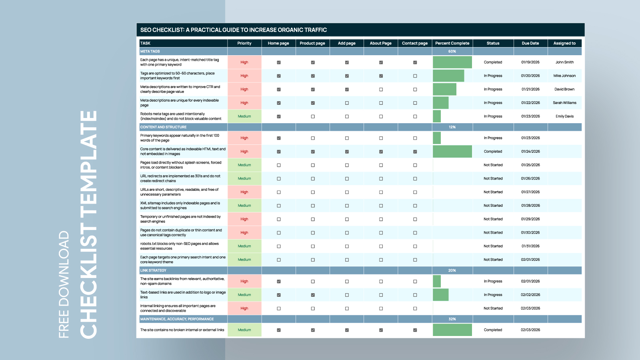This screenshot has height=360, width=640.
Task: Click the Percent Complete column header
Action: (452, 43)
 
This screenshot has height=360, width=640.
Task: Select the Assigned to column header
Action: (564, 43)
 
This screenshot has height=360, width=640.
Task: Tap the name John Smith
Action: (564, 62)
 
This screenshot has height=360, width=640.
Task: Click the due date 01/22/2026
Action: (530, 103)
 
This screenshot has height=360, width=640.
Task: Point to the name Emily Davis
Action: (564, 116)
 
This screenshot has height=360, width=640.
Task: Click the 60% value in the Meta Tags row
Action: (452, 52)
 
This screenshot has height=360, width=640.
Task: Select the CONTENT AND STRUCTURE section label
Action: (163, 127)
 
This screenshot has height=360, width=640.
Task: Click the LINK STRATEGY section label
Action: (153, 270)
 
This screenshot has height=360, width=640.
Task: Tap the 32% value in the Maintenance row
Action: (452, 319)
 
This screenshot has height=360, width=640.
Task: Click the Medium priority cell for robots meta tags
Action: (244, 116)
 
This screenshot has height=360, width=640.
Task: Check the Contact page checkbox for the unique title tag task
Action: (415, 62)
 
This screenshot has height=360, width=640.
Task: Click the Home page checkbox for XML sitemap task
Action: (279, 206)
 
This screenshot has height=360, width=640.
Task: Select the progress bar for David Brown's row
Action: (444, 89)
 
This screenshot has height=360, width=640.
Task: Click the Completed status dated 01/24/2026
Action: (493, 152)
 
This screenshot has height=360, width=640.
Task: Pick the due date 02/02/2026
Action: (530, 295)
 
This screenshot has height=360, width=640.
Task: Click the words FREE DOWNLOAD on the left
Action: (64, 284)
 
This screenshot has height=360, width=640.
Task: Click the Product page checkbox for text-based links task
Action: (313, 295)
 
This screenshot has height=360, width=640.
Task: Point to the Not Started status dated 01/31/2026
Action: (493, 246)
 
